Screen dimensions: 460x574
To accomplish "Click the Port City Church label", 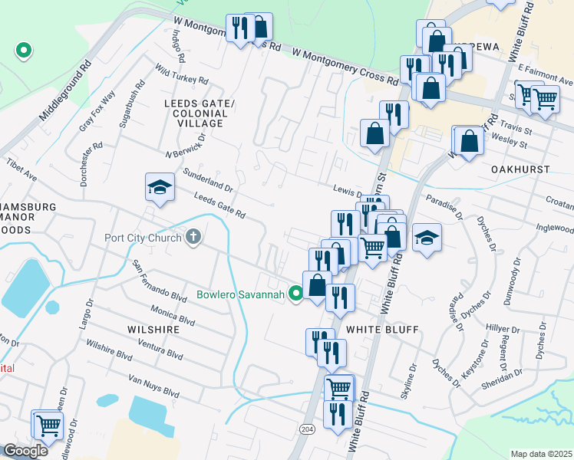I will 143,238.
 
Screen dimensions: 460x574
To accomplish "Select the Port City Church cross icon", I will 193,238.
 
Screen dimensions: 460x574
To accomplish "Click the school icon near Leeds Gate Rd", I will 159,188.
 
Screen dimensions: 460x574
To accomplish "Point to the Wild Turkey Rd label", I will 182,74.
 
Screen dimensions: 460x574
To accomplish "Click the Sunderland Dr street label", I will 207,181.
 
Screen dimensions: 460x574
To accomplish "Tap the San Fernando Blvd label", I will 160,281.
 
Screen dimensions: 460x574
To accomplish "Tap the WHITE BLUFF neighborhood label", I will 381,330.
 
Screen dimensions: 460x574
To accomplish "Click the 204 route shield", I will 307,428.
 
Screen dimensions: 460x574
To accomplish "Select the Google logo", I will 25,451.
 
